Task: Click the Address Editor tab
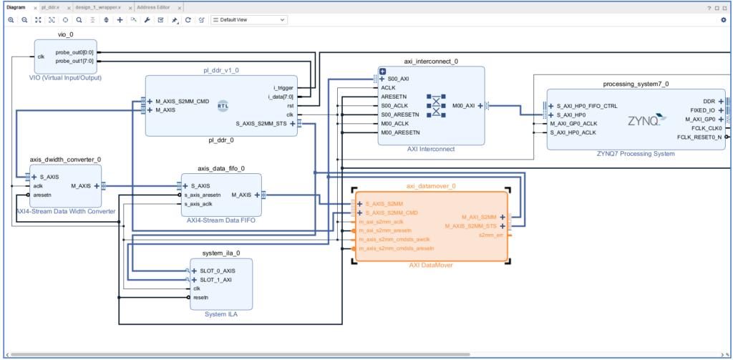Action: [x=153, y=7]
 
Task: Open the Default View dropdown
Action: [x=248, y=20]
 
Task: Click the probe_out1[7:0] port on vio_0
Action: [x=74, y=61]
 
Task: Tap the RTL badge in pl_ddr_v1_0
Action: [x=223, y=107]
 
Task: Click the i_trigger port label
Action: [x=283, y=87]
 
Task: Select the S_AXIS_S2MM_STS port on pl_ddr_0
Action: [x=263, y=123]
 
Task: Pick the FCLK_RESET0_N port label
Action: [x=699, y=137]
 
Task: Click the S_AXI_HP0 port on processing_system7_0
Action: [x=571, y=115]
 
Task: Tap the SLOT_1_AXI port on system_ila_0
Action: [x=215, y=280]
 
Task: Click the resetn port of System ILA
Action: [x=200, y=297]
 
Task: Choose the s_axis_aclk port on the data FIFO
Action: [x=198, y=204]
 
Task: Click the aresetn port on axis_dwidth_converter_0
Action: [x=42, y=195]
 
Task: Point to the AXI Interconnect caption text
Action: [x=430, y=149]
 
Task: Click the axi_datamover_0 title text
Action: [x=431, y=185]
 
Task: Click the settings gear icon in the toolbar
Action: [x=723, y=20]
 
